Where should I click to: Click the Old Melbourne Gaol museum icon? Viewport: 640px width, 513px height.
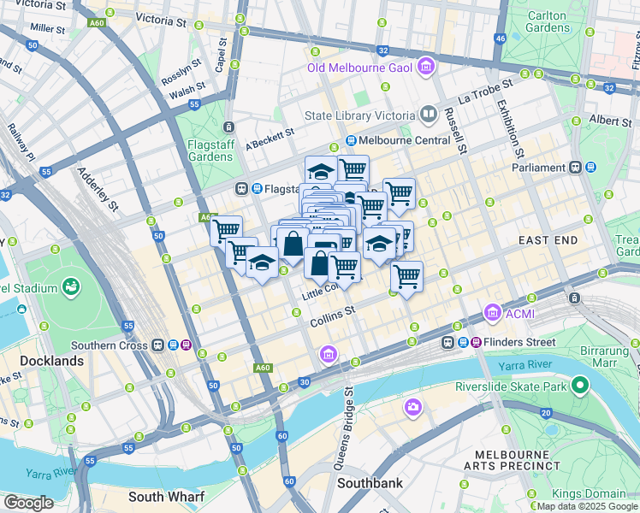(x=426, y=67)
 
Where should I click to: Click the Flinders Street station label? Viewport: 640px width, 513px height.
(x=518, y=342)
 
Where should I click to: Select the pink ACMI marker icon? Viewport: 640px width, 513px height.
(x=492, y=314)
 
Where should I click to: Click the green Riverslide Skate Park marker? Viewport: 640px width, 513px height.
(x=579, y=386)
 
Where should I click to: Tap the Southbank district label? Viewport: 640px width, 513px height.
(x=370, y=483)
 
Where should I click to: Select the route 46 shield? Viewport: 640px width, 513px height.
(x=501, y=39)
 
